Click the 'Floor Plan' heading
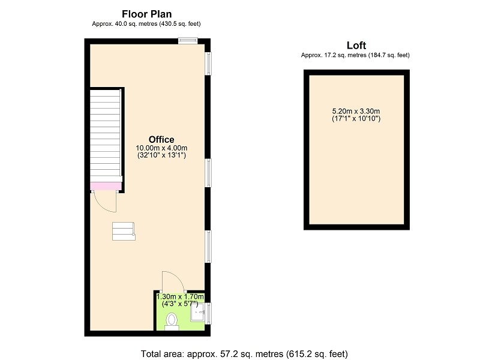[x=146, y=14]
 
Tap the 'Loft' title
[x=356, y=46]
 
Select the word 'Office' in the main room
[x=161, y=140]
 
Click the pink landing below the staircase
[x=106, y=186]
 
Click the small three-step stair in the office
[x=124, y=232]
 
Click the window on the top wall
[x=188, y=41]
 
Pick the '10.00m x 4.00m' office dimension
[x=161, y=148]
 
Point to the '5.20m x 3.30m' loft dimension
[x=356, y=111]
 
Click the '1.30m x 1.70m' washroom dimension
[x=180, y=297]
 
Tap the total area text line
[x=244, y=353]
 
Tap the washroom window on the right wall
[x=208, y=313]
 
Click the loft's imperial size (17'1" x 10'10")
[x=356, y=119]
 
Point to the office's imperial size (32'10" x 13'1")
[x=161, y=155]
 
